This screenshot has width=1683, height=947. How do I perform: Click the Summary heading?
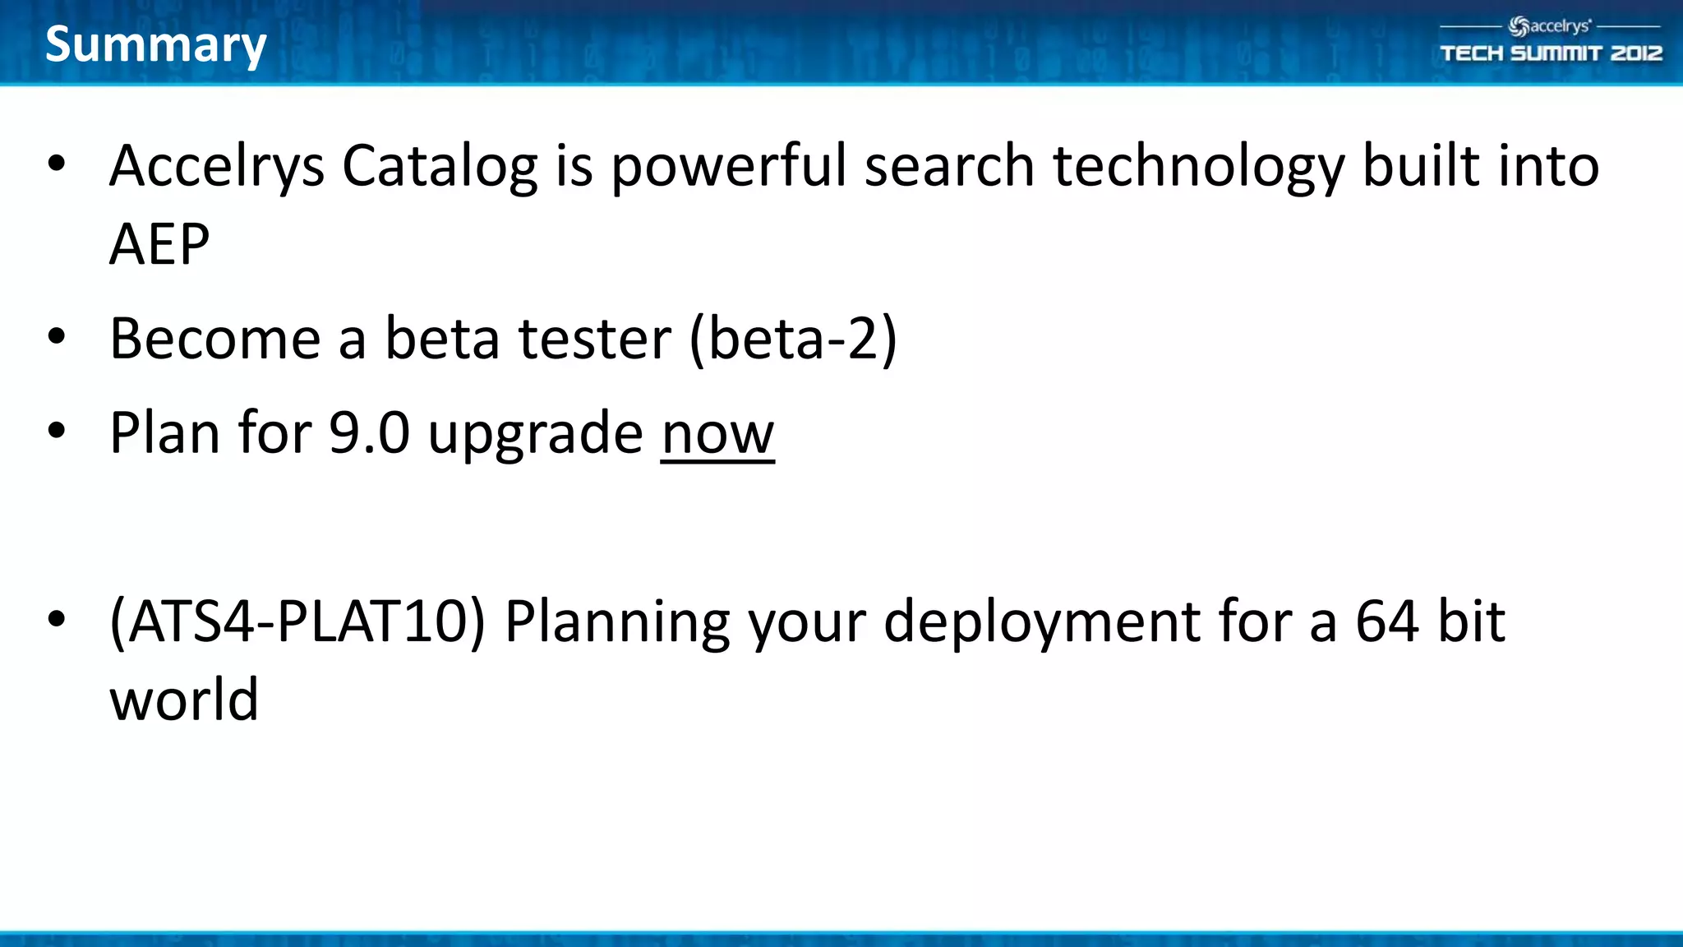(x=155, y=45)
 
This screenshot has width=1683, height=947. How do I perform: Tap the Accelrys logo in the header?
(x=1550, y=26)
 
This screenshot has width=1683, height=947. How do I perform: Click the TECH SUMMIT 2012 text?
(x=1551, y=53)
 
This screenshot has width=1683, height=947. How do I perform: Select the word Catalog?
(x=439, y=167)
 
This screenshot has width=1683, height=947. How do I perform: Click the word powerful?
(x=727, y=167)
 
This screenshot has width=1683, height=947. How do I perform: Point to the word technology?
(x=1198, y=167)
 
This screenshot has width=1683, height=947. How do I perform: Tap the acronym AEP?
(x=159, y=244)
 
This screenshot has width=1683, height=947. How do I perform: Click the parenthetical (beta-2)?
(x=793, y=339)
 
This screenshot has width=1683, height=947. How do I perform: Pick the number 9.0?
(x=369, y=433)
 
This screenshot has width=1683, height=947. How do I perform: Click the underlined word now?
(x=717, y=433)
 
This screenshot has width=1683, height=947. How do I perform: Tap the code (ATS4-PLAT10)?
(x=297, y=621)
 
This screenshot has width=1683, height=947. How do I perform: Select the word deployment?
(x=1041, y=621)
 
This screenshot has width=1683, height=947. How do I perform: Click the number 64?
(x=1386, y=621)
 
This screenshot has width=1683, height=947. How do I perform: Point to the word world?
(x=184, y=700)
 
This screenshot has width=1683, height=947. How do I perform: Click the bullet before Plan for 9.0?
(x=56, y=431)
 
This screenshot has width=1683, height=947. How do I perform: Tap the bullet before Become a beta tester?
(x=56, y=336)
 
